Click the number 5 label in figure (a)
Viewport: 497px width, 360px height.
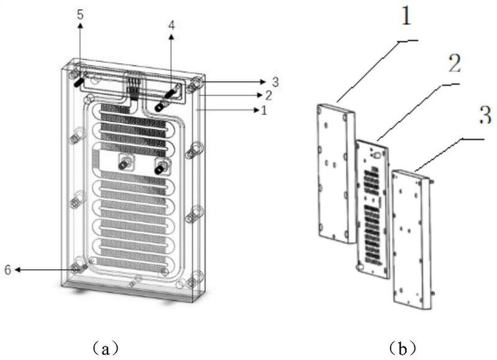[81, 14]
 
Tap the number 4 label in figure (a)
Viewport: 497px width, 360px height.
[171, 25]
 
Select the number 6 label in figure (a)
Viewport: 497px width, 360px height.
[8, 270]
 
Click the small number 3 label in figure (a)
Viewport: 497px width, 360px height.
[275, 82]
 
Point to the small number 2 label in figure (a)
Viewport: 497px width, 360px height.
[269, 95]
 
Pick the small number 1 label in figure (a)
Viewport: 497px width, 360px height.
[263, 111]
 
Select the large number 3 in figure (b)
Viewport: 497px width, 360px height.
[485, 116]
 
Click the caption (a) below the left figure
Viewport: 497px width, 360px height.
[106, 348]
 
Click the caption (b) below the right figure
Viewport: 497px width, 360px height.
[402, 348]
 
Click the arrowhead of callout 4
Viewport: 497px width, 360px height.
[171, 37]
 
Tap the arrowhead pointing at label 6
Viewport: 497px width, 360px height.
[18, 270]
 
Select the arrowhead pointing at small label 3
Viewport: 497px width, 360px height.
[263, 82]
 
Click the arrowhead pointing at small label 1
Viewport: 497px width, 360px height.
[256, 110]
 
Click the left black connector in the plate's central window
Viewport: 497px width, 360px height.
[123, 164]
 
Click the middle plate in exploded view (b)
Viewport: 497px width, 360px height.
[373, 210]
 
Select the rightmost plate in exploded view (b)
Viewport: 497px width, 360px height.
[412, 240]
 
